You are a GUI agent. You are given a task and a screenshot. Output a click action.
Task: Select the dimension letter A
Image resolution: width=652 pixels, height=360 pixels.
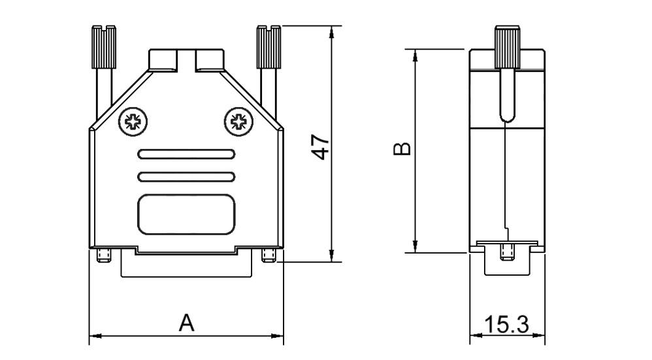tap(187, 323)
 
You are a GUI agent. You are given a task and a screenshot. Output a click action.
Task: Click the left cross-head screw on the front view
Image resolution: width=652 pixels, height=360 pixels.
tap(133, 121)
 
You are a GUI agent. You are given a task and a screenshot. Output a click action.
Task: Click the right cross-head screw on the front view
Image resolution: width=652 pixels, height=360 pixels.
tap(238, 121)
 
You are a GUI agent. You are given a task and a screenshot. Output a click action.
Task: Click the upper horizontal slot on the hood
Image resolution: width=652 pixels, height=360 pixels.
tap(186, 155)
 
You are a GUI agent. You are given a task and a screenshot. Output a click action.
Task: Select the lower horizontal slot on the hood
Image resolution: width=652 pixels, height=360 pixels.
tap(186, 176)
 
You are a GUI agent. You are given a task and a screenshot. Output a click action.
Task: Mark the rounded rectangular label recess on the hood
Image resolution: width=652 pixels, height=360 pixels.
tap(186, 214)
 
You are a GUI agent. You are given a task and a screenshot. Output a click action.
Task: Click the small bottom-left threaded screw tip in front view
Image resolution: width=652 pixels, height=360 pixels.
tap(103, 255)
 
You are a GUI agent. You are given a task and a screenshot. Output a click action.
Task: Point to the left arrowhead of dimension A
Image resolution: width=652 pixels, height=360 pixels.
tap(93, 336)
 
